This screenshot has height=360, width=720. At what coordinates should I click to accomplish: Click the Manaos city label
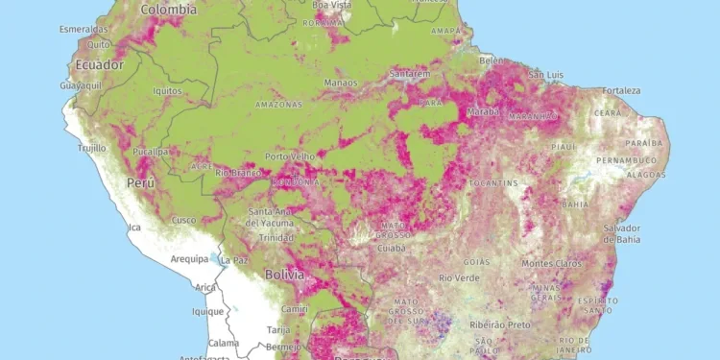tap(341, 83)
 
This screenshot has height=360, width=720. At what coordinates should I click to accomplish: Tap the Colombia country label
tap(168, 9)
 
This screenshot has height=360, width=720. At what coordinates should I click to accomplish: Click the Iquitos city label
tap(168, 91)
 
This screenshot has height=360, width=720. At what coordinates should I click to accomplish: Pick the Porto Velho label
tap(290, 156)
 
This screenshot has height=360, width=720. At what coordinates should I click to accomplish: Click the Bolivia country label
tap(284, 275)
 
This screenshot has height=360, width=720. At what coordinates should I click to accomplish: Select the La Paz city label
tap(234, 259)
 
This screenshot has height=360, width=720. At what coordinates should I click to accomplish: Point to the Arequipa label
tap(189, 259)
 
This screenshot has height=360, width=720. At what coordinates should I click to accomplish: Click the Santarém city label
tap(411, 74)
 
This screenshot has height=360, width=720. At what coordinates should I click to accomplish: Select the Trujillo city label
tap(93, 148)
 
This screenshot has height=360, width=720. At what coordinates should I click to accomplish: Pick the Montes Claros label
tap(550, 263)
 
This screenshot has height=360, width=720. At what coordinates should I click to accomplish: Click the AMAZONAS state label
tap(278, 104)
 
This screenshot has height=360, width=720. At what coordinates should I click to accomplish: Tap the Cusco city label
tap(182, 220)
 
